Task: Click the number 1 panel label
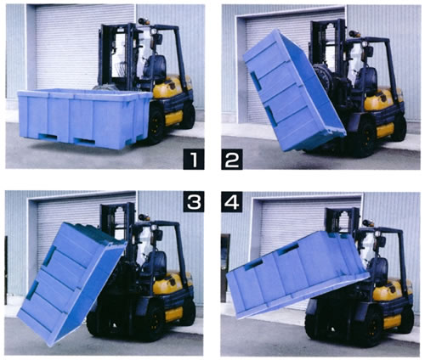[x=194, y=160]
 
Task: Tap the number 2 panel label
[x=232, y=160]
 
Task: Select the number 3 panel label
[x=194, y=201]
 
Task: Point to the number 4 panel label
[x=232, y=201]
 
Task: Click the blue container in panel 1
[x=84, y=118]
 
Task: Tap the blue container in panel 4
[x=297, y=274]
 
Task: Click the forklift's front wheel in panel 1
[x=156, y=125]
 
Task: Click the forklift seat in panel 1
[x=155, y=68]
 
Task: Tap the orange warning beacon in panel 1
[x=144, y=21]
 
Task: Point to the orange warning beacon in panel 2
[x=354, y=34]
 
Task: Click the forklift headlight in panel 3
[x=155, y=228]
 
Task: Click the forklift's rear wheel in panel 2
[x=399, y=128]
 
